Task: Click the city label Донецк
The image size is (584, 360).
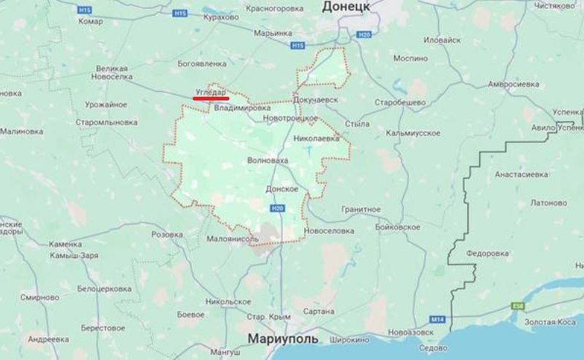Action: (346, 7)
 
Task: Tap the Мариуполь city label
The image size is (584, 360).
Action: (283, 339)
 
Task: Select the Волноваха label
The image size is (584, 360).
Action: (267, 159)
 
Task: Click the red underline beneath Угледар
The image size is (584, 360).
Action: (210, 98)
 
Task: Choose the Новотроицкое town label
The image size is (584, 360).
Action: (291, 118)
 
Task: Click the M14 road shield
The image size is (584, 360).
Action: (437, 319)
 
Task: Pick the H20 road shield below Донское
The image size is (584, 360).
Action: (277, 208)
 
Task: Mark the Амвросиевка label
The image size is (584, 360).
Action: (513, 84)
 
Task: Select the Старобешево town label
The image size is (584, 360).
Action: (400, 102)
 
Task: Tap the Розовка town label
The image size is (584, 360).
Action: (166, 235)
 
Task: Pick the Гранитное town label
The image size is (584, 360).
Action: (361, 209)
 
